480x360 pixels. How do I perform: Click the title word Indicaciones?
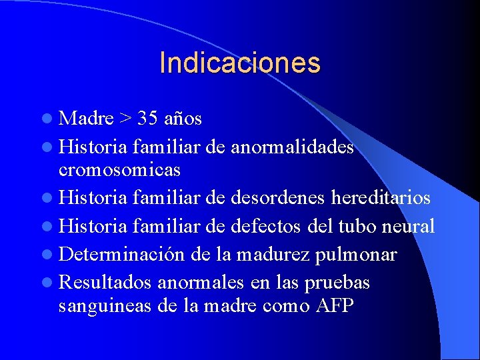click(240, 63)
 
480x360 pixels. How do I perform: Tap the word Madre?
click(86, 119)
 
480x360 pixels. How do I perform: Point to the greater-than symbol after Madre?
click(126, 119)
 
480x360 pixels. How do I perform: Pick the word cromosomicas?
click(119, 170)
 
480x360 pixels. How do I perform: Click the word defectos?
click(266, 227)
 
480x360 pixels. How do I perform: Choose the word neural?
click(409, 227)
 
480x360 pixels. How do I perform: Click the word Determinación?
click(122, 255)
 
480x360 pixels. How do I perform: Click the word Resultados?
click(106, 283)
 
